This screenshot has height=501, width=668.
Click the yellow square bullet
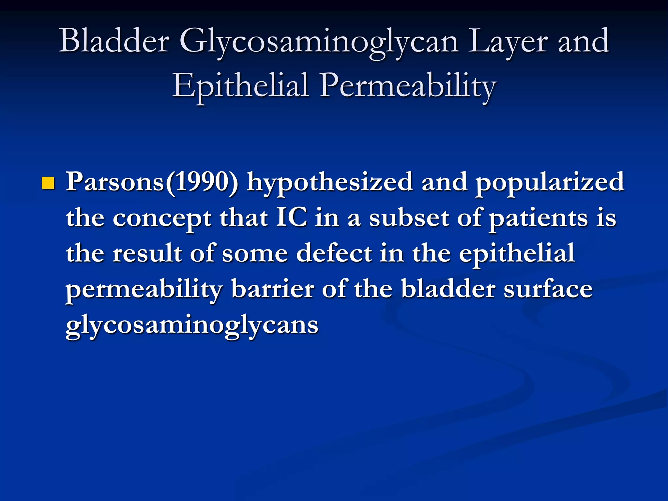pos(48,183)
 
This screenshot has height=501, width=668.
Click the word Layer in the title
pos(507,41)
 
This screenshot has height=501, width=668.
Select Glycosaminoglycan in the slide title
pos(319,41)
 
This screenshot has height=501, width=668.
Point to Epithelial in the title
pos(240,85)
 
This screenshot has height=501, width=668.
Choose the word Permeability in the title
pos(408,85)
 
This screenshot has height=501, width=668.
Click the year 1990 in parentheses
pos(201,182)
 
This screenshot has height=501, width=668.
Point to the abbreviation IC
pos(292,218)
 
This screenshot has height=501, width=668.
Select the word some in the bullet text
pos(255,254)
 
